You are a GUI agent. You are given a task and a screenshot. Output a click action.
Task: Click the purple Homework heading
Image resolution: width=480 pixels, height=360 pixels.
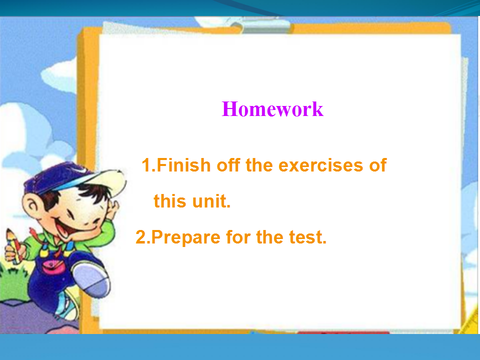[272, 109]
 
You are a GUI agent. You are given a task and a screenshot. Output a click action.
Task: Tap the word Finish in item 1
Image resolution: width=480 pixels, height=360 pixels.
[183, 165]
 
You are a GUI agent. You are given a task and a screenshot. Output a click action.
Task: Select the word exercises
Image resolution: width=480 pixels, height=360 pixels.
[321, 165]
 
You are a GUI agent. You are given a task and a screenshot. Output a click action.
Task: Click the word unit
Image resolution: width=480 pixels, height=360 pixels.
[211, 201]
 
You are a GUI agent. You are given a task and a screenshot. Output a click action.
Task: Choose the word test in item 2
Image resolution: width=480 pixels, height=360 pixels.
[308, 237]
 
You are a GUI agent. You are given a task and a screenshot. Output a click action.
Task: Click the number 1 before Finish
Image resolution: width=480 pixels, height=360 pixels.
[146, 165]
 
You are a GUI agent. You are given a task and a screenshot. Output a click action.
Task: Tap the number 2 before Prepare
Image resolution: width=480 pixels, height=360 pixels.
[141, 237]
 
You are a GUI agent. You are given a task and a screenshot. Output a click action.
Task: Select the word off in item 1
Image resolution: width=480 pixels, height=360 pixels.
[228, 165]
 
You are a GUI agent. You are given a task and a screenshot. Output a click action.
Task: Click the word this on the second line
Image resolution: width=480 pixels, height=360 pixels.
[170, 201]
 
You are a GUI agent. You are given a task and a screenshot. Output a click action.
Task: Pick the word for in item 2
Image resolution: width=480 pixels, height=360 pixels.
[238, 237]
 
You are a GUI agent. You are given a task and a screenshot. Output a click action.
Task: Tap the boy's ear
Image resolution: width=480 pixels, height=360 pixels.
[32, 205]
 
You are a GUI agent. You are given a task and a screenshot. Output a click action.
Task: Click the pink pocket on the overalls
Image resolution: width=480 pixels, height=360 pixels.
[53, 267]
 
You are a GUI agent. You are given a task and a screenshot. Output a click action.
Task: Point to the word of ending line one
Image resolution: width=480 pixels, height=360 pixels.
[378, 165]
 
